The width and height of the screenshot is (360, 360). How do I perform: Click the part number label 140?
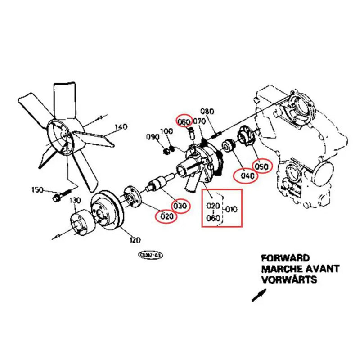click(x=121, y=126)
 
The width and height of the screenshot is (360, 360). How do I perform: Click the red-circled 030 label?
click(x=180, y=206)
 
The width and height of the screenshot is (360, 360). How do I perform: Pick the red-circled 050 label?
click(x=262, y=166)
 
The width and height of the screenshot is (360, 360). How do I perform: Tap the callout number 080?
click(x=207, y=111)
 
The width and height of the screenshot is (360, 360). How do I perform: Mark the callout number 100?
click(x=167, y=131)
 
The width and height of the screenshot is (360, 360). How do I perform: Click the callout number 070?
click(x=199, y=121)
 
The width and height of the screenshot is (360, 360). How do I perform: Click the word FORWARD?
click(x=285, y=258)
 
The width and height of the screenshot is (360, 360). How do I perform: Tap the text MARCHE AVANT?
click(x=300, y=269)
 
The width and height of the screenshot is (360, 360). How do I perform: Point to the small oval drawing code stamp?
click(x=150, y=255)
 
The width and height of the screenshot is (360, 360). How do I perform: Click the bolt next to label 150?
click(x=59, y=196)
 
